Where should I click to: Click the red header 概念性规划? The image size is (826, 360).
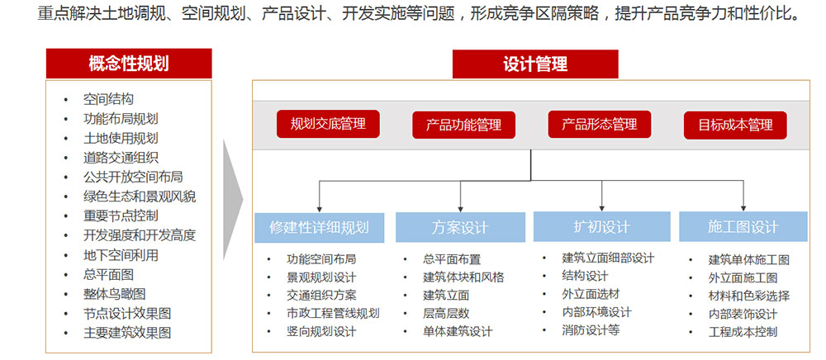(x=129, y=64)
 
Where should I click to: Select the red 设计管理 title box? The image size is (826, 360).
(x=535, y=64)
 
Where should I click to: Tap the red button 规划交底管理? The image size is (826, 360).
(x=328, y=124)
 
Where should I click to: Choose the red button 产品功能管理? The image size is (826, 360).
(x=463, y=126)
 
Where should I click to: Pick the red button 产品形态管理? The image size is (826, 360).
(x=600, y=124)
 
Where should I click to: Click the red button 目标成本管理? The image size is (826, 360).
(x=735, y=126)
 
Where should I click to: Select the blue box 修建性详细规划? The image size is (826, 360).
(x=319, y=227)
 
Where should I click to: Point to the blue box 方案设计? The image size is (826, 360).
(x=460, y=227)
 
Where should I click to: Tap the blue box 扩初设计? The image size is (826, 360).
(x=601, y=227)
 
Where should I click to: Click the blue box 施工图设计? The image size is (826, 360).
(x=743, y=227)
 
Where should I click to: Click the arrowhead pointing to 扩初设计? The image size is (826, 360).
(x=601, y=208)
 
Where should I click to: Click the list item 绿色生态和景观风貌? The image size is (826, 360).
(x=140, y=197)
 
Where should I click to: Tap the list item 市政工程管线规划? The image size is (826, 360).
(x=333, y=313)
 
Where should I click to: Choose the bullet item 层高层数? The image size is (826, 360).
(x=446, y=313)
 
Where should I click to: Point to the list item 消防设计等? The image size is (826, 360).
(x=591, y=330)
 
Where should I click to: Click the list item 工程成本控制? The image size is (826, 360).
(x=743, y=332)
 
